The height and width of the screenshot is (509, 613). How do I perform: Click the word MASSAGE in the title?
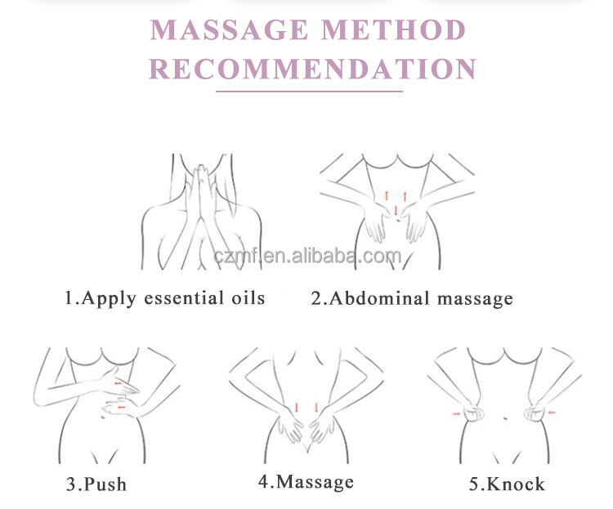(229, 29)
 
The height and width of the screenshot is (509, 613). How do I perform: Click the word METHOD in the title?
(394, 29)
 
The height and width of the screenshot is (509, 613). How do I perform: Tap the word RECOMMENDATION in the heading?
(313, 69)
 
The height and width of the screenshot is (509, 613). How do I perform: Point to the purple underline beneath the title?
(309, 92)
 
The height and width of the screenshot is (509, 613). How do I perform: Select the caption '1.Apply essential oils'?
(164, 298)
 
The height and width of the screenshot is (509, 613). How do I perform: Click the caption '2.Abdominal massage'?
(412, 299)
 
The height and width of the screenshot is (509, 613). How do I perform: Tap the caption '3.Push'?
(96, 484)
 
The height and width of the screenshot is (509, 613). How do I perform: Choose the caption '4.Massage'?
(306, 482)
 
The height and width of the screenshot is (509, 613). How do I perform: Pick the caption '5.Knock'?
(507, 484)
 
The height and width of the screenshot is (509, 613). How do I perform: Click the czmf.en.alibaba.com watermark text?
(307, 256)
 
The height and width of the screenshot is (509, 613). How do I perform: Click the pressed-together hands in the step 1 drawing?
(201, 195)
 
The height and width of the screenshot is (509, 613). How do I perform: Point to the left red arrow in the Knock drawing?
(456, 413)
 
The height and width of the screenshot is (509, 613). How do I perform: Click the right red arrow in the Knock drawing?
(551, 412)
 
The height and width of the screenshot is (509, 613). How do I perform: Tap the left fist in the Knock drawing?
(474, 413)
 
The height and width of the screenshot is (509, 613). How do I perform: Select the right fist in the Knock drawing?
(534, 413)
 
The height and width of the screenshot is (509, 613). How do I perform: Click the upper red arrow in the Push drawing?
(118, 383)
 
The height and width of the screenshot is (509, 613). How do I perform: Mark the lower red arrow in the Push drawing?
(122, 408)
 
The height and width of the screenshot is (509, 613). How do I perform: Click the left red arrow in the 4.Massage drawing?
(297, 408)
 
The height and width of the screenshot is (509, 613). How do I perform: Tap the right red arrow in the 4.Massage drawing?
(316, 408)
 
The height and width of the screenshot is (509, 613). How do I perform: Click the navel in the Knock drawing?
(505, 418)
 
